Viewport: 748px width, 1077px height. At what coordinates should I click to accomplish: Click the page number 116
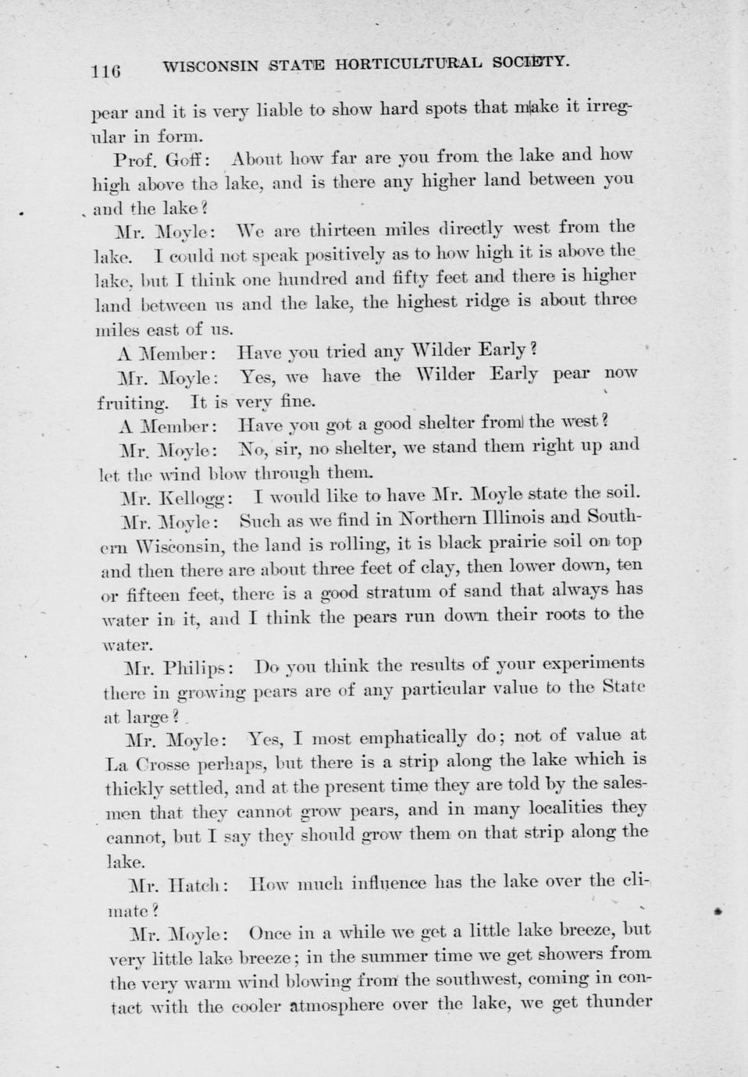click(x=105, y=71)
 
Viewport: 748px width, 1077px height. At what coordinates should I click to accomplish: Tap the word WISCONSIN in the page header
click(x=211, y=67)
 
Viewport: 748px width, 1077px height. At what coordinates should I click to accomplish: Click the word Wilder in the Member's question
click(x=440, y=350)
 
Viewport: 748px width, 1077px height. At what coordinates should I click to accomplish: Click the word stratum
click(x=424, y=592)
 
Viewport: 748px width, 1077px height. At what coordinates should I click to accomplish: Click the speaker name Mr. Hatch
click(x=179, y=886)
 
